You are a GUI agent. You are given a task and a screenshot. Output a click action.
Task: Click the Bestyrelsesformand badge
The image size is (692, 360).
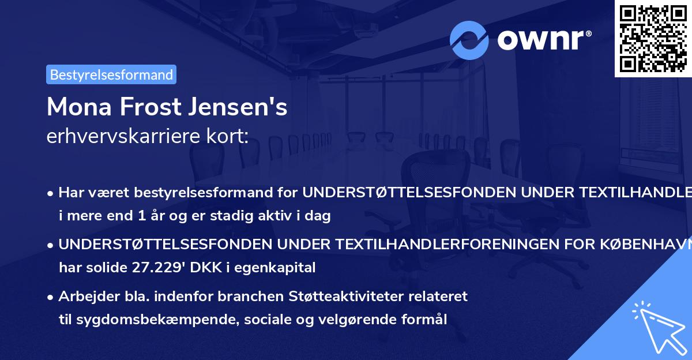pyautogui.click(x=111, y=74)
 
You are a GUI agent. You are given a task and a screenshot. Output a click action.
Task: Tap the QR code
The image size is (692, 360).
pyautogui.click(x=653, y=38)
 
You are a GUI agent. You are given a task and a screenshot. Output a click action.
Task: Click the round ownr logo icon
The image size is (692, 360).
pyautogui.click(x=469, y=40)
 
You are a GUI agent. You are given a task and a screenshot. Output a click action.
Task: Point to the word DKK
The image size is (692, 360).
pyautogui.click(x=213, y=267)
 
